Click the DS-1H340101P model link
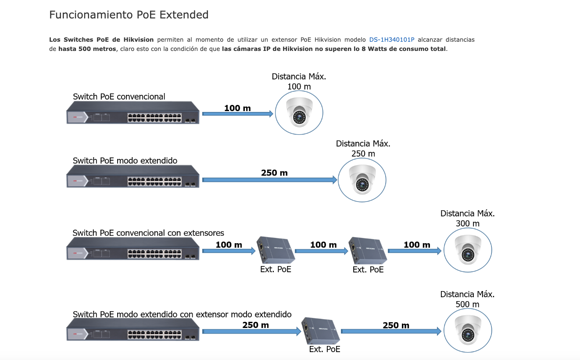pyautogui.click(x=392, y=40)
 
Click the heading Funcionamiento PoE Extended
pyautogui.click(x=129, y=15)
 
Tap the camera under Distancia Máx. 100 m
pyautogui.click(x=299, y=113)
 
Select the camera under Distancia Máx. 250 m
pyautogui.click(x=362, y=180)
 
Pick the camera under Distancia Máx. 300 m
pyautogui.click(x=468, y=250)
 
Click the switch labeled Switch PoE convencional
pyautogui.click(x=133, y=113)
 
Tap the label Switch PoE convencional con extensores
pyautogui.click(x=148, y=233)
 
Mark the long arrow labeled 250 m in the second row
pyautogui.click(x=269, y=180)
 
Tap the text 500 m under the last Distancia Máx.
pyautogui.click(x=468, y=304)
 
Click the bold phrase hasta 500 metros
pyautogui.click(x=87, y=49)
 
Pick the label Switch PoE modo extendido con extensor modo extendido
pyautogui.click(x=182, y=314)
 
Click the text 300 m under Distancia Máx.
pyautogui.click(x=468, y=223)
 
